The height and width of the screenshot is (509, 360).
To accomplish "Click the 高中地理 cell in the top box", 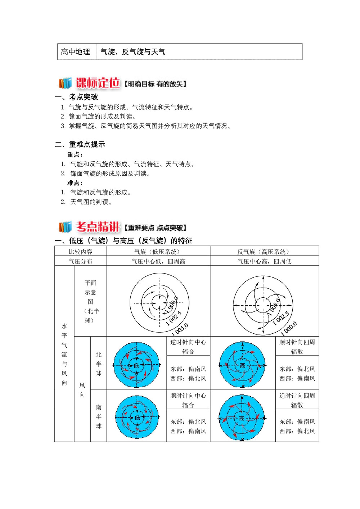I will [76, 52].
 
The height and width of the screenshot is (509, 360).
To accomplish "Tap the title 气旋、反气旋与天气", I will [133, 52].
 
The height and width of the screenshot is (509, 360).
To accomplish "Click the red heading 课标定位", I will [98, 83].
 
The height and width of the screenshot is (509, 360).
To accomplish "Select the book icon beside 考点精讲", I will [65, 227].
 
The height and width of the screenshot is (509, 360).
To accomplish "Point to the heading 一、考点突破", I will [76, 97].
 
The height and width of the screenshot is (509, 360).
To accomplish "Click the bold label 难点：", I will [75, 183].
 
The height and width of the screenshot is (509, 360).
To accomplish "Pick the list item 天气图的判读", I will [91, 202].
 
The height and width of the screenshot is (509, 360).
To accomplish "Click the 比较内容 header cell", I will [81, 252].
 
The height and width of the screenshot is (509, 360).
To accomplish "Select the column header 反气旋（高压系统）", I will [264, 252].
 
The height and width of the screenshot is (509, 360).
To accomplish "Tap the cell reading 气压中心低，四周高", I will [158, 261].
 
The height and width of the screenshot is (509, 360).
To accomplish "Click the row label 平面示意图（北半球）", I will [90, 302].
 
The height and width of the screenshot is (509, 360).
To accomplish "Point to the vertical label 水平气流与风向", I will [64, 354].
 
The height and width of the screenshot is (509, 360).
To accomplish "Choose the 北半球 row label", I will [99, 364].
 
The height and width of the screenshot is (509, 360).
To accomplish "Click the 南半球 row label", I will [99, 416].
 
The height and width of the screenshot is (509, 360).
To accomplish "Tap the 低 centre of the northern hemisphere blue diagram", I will [136, 365].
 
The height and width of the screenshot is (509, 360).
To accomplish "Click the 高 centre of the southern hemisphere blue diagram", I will [242, 418].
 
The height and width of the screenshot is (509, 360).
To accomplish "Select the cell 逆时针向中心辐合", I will [188, 347].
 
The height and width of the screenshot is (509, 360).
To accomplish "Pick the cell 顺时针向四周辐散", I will [297, 347].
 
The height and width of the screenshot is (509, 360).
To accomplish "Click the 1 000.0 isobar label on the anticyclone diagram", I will [289, 328].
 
